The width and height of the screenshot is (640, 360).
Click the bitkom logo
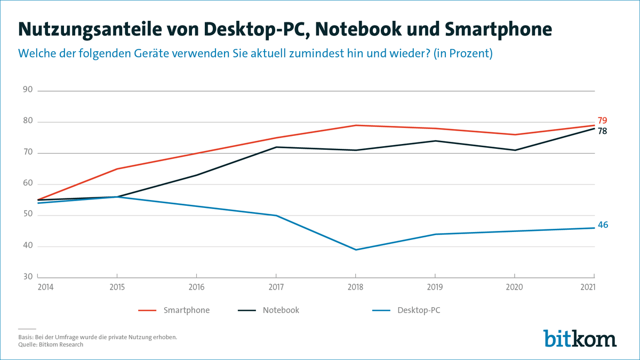point(580,338)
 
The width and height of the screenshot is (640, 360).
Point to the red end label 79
point(602,121)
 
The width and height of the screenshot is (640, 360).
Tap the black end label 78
point(602,131)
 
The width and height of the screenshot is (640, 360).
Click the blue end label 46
point(603,225)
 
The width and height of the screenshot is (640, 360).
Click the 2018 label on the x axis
point(356,287)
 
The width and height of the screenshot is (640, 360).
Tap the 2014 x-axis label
point(46,287)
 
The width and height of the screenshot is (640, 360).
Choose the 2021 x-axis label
point(587,287)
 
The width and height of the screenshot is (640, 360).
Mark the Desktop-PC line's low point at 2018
point(356,250)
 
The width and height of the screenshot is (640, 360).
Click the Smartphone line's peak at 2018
point(356,125)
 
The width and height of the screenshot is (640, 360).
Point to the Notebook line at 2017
point(276,147)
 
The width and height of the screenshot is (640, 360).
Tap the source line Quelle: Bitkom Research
point(47,345)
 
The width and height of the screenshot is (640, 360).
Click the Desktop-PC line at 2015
point(117,197)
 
